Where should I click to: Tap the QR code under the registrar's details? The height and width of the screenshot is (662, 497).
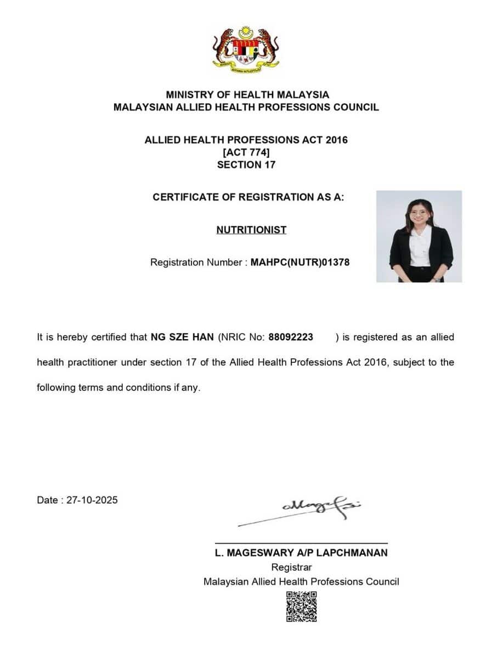[x=301, y=607]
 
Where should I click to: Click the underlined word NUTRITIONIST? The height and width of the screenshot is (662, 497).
[x=251, y=230]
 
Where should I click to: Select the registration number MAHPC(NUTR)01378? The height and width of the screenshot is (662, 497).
[x=300, y=262]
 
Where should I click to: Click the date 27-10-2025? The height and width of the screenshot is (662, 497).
[x=92, y=500]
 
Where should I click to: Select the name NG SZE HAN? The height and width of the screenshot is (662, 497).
[x=182, y=338]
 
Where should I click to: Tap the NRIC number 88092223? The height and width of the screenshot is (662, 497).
[x=291, y=338]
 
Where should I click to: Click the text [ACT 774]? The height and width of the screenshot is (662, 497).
[x=246, y=152]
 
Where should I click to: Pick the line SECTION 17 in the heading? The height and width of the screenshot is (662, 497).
[x=246, y=165]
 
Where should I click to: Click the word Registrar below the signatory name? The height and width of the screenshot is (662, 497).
[x=291, y=568]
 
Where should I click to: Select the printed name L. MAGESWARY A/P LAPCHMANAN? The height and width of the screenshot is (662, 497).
[x=301, y=553]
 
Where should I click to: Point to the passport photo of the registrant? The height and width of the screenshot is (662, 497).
[x=419, y=236]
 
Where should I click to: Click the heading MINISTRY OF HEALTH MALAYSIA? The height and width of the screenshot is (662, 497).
[x=247, y=95]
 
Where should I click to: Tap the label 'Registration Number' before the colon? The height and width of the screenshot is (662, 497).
[x=195, y=262]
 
